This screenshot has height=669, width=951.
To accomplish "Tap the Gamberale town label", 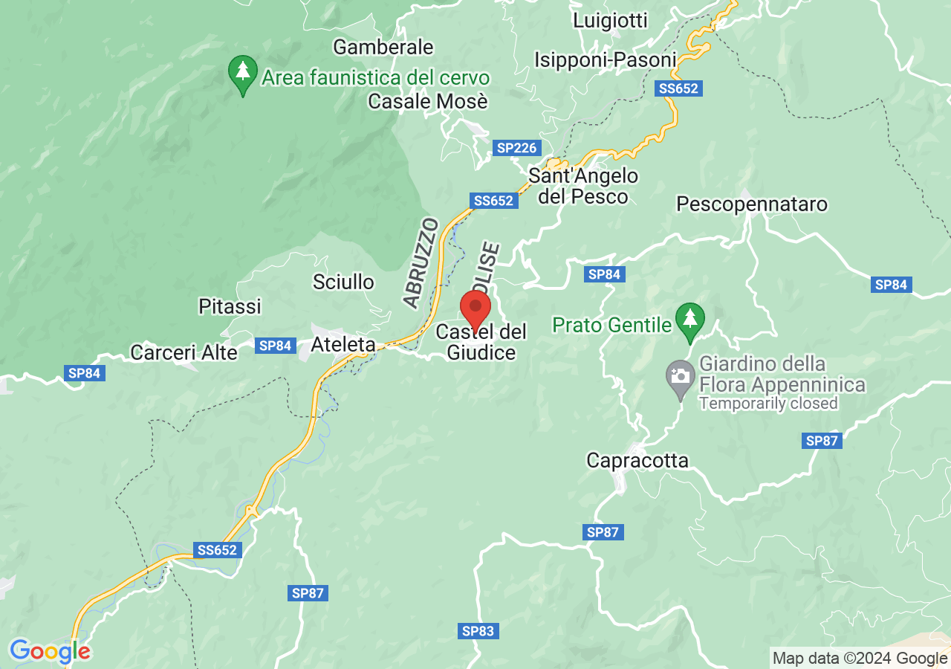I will pyautogui.click(x=383, y=47).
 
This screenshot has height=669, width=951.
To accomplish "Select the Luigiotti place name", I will pyautogui.click(x=610, y=21).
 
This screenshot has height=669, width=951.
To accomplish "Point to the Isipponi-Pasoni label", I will pyautogui.click(x=606, y=59).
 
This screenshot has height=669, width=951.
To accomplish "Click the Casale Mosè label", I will pyautogui.click(x=428, y=101).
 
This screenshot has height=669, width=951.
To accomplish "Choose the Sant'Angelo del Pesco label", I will pyautogui.click(x=583, y=186).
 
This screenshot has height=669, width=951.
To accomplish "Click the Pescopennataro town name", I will pyautogui.click(x=752, y=204).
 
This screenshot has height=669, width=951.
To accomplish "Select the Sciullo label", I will pyautogui.click(x=343, y=282).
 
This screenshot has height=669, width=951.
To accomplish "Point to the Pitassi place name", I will pyautogui.click(x=230, y=306).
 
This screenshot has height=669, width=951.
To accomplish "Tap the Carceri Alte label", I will pyautogui.click(x=184, y=352).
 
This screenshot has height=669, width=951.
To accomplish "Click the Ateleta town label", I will pyautogui.click(x=343, y=345).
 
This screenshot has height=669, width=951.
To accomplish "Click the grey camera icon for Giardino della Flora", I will pyautogui.click(x=679, y=375).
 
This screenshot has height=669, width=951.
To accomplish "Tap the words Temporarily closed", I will pyautogui.click(x=768, y=404).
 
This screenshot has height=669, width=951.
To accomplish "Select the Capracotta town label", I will pyautogui.click(x=637, y=461).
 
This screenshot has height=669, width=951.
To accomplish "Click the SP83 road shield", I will pyautogui.click(x=478, y=631).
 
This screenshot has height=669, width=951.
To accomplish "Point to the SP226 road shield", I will pyautogui.click(x=516, y=148).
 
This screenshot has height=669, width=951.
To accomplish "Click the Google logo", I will pyautogui.click(x=50, y=652).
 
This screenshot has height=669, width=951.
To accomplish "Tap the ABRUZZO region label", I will pyautogui.click(x=421, y=262).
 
